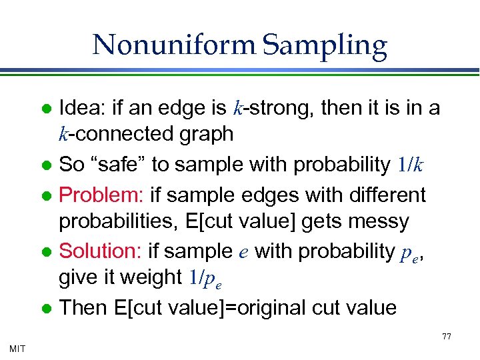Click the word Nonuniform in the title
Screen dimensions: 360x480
tap(175, 45)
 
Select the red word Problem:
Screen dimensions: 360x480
tap(102, 195)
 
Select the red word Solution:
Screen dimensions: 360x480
tap(101, 251)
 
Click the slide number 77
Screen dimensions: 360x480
tap(447, 337)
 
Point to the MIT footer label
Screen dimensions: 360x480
tap(18, 349)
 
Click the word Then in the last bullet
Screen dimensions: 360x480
tap(80, 307)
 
